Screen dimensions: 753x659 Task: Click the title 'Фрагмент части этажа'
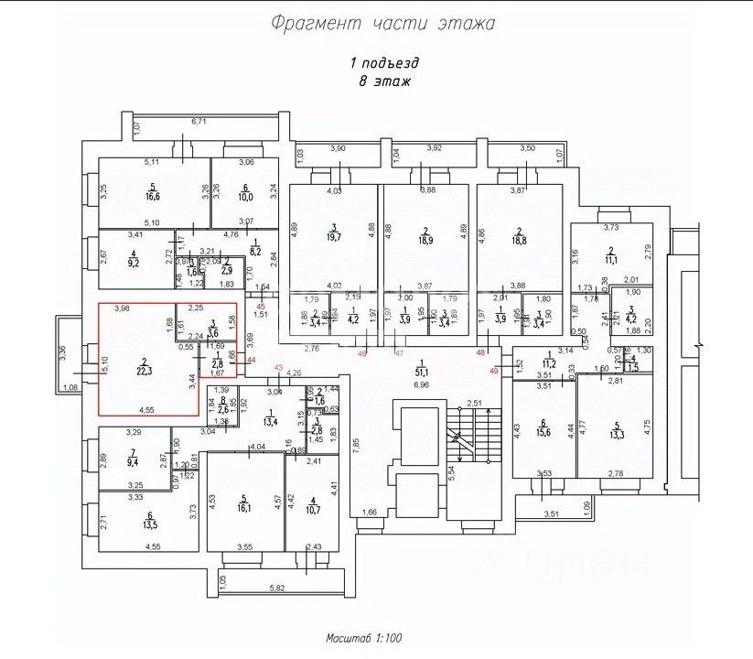click(x=382, y=23)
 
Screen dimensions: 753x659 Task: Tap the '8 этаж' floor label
click(x=384, y=81)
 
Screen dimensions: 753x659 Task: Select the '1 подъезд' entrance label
click(x=384, y=63)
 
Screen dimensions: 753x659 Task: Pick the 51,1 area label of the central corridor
click(x=421, y=372)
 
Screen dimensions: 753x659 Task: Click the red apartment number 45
click(x=261, y=306)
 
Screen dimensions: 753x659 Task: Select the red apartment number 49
click(x=495, y=370)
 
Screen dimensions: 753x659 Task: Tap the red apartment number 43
click(x=279, y=368)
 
